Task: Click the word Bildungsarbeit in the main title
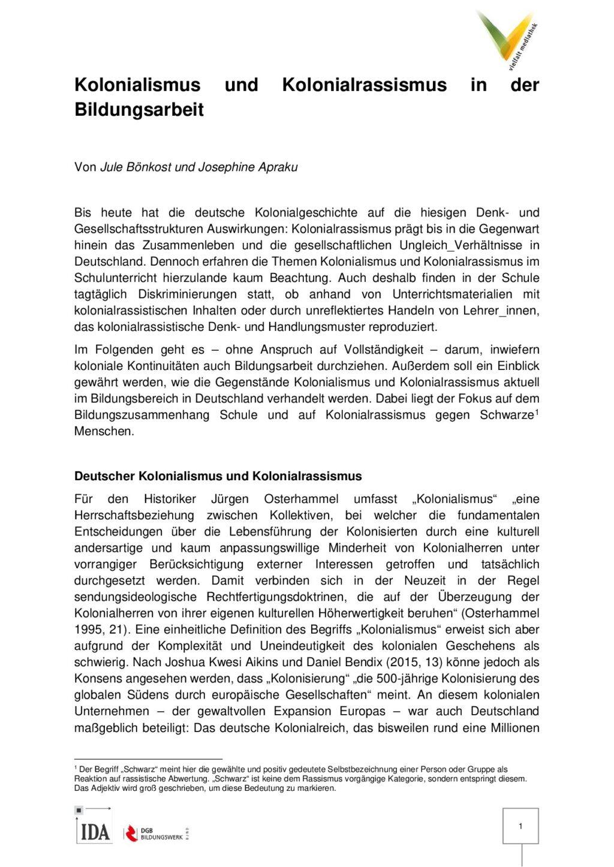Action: [x=139, y=110]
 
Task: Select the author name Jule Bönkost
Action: [x=134, y=167]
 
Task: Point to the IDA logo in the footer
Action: [x=94, y=832]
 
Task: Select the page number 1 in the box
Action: [x=520, y=826]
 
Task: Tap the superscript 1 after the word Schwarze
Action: [x=537, y=411]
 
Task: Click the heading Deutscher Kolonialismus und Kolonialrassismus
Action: [x=218, y=477]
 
